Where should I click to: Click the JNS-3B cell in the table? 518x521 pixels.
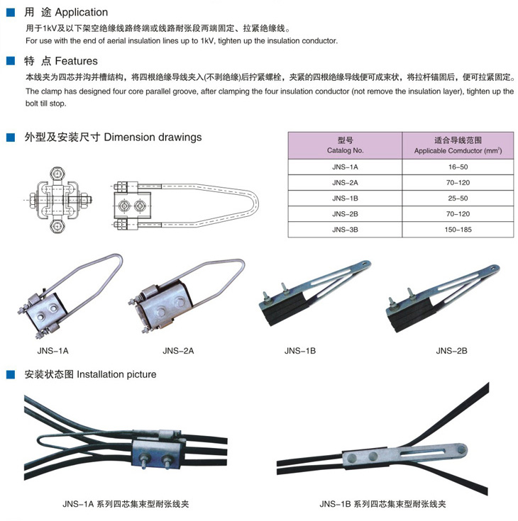(345, 230)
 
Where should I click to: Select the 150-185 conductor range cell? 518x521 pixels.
(458, 230)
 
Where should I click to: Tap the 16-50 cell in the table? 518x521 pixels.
(458, 167)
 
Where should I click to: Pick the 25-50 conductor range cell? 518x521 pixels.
(458, 198)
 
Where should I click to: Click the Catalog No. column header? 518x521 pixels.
(345, 145)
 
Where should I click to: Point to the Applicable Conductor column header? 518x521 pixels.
(458, 145)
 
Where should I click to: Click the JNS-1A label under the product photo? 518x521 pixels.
(53, 351)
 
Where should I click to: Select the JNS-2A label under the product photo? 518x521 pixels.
(178, 351)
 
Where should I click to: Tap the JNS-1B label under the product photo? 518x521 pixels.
(300, 351)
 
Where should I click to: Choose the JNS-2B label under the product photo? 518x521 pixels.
(452, 351)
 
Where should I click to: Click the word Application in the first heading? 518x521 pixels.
(82, 13)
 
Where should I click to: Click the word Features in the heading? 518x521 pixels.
(77, 61)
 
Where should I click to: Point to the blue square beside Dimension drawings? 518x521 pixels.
(11, 138)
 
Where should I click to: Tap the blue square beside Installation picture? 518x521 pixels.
(11, 375)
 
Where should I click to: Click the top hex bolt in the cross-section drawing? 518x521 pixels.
(57, 174)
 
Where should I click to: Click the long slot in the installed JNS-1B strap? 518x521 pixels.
(422, 452)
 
